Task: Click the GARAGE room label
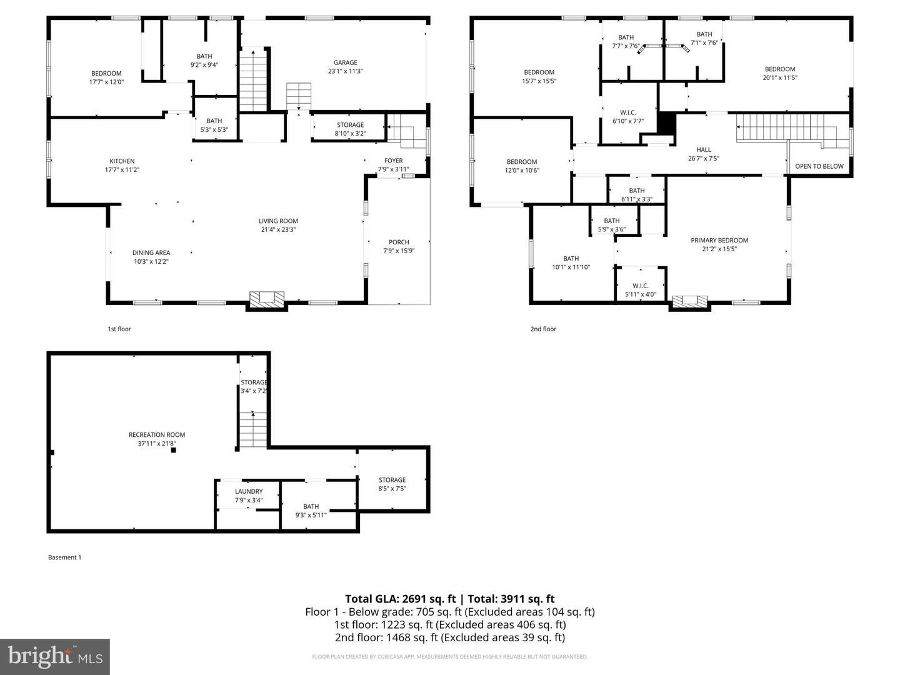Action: click(x=345, y=62)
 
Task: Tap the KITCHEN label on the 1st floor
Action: click(x=122, y=161)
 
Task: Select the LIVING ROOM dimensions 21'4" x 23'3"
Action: click(x=278, y=229)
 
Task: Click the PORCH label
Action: click(x=399, y=242)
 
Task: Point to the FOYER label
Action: click(x=394, y=161)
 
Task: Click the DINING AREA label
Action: click(x=151, y=253)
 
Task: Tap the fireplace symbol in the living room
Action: click(x=267, y=299)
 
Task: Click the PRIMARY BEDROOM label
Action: click(x=719, y=241)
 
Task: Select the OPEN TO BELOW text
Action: click(x=819, y=166)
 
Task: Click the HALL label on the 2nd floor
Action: click(x=704, y=150)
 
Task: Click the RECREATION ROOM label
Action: click(x=157, y=435)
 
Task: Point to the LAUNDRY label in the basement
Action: click(x=249, y=492)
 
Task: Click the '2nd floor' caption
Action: click(x=543, y=329)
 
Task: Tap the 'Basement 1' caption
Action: click(x=65, y=557)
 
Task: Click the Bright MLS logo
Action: click(x=55, y=656)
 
